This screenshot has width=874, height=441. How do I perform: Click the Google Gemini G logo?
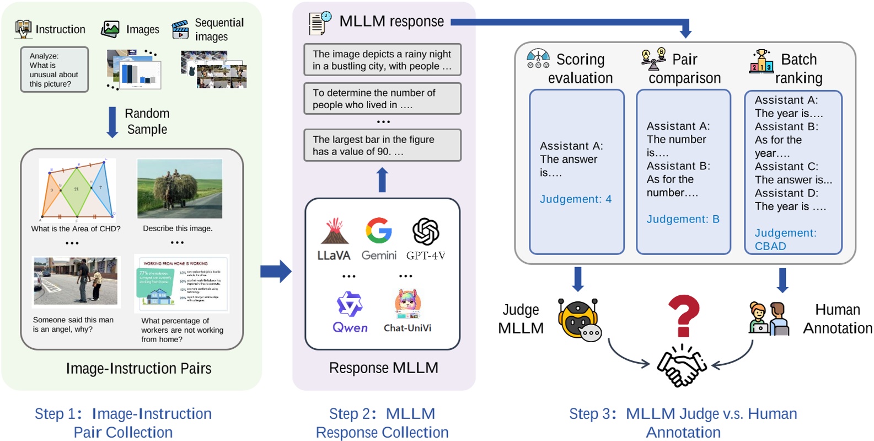379,231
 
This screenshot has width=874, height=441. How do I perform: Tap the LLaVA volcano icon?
335,232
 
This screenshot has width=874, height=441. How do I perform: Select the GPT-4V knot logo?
426,231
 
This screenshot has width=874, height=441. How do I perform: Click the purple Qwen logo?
350,305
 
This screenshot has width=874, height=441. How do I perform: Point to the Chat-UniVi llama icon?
408,305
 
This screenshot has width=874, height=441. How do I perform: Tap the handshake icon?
682,366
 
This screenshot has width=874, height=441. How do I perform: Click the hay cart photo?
180,189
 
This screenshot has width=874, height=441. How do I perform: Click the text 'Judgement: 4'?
576,199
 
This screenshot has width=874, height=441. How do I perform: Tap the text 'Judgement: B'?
683,219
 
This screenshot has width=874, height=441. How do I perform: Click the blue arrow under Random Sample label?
112,122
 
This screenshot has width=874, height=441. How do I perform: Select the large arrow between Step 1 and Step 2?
276,271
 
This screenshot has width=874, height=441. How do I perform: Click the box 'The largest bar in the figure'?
382,145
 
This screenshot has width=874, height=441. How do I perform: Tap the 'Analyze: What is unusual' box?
54,70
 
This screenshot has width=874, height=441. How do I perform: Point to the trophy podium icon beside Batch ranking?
762,61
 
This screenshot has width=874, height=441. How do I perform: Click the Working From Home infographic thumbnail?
181,283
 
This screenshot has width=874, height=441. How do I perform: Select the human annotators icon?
769,319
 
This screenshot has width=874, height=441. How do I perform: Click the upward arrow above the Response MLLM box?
382,180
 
